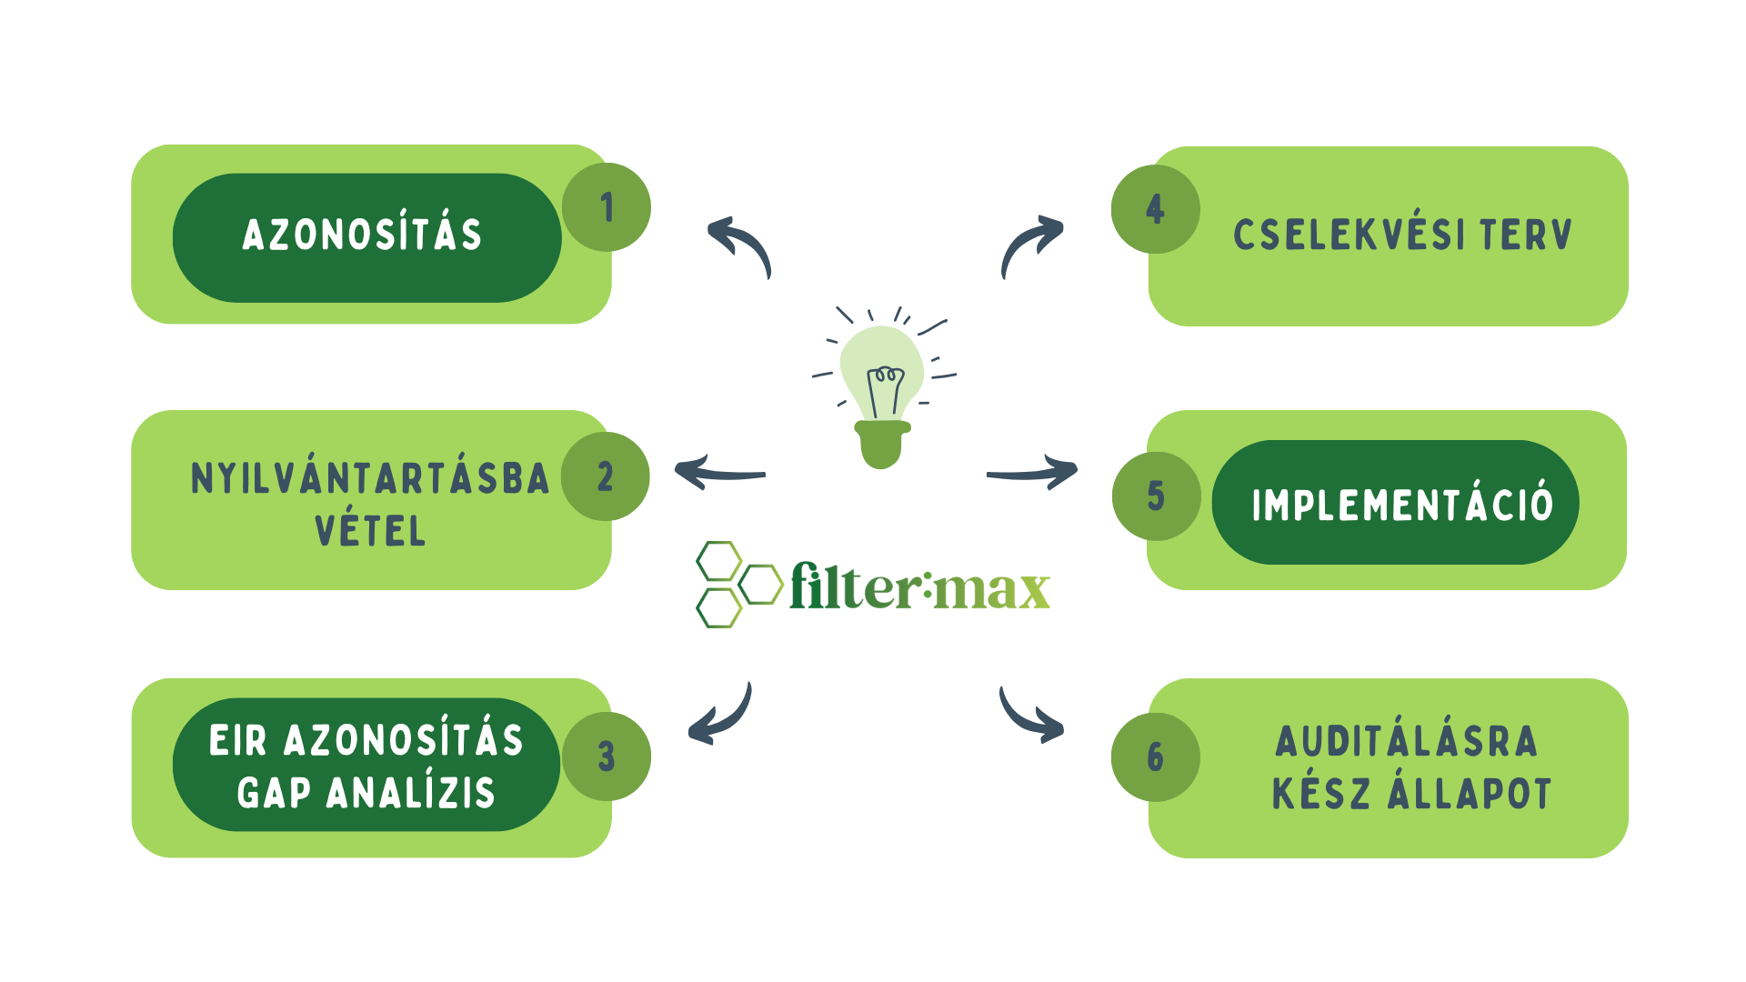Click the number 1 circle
607,207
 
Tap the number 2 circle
606,476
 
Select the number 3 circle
607,757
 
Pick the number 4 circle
1155,209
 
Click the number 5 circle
1156,496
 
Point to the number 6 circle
1155,757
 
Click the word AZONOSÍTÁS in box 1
362,235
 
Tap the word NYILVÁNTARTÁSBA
370,478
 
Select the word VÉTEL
370,531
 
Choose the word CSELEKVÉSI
1349,235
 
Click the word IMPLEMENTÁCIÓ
1402,505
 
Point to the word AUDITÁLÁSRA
1406,741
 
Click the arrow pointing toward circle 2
718,473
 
